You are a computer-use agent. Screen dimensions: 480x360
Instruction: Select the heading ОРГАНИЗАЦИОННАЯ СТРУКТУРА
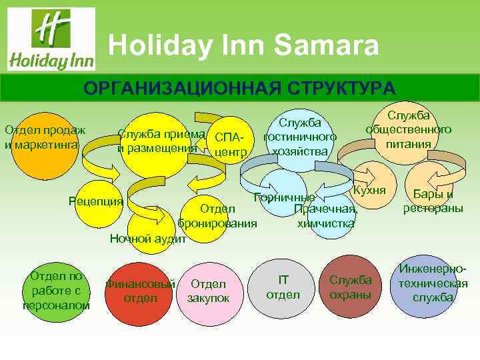pyautogui.click(x=239, y=89)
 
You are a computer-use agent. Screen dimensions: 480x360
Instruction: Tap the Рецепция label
pyautogui.click(x=96, y=201)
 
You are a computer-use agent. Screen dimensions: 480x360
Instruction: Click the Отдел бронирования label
pyautogui.click(x=217, y=216)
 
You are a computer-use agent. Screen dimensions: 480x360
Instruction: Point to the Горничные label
pyautogui.click(x=284, y=197)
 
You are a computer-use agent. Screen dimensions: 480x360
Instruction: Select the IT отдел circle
pyautogui.click(x=283, y=287)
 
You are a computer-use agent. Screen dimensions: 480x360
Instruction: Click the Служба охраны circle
pyautogui.click(x=351, y=287)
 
